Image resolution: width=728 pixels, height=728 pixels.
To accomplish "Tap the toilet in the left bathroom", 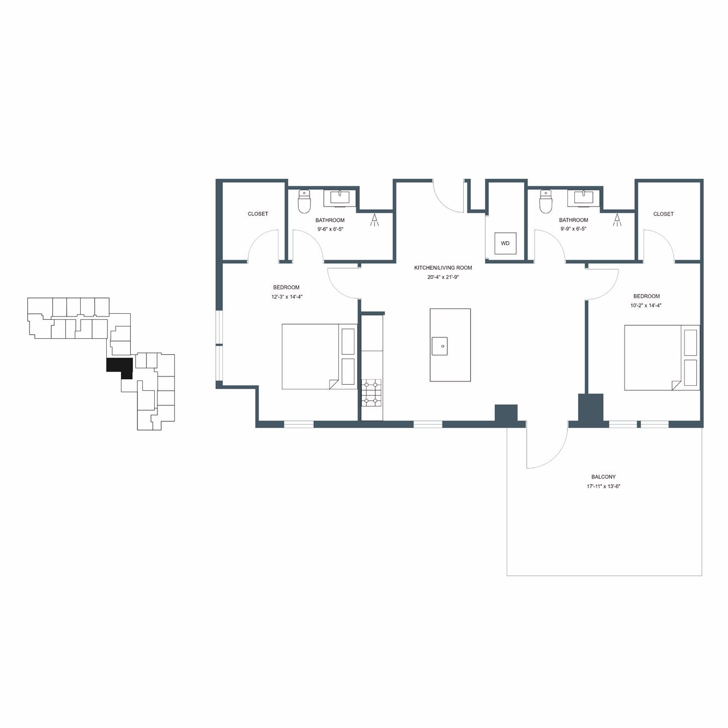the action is (x=304, y=201).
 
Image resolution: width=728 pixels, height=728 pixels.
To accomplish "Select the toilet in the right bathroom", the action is (x=545, y=201).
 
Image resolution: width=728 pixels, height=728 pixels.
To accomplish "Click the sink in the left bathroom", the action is (x=339, y=198).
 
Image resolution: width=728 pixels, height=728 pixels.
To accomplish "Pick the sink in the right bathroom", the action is (x=584, y=198).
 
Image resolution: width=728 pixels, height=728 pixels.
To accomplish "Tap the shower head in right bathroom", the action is (x=617, y=220).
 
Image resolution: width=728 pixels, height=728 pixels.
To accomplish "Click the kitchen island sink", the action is (x=439, y=346).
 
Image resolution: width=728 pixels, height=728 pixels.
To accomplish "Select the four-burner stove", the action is (x=372, y=393).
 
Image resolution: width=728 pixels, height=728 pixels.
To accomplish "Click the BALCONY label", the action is (x=603, y=477).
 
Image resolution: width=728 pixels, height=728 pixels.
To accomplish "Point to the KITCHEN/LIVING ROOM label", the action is (x=443, y=268).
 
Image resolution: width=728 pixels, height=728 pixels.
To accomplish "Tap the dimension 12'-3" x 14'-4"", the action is (x=287, y=296).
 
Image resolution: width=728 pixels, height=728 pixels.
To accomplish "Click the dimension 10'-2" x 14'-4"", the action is (x=646, y=306).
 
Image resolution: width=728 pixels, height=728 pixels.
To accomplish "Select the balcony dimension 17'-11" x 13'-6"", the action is (x=604, y=487).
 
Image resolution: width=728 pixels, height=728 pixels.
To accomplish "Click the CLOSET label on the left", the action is (x=258, y=214).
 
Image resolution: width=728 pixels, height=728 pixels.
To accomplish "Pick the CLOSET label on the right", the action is (x=663, y=214).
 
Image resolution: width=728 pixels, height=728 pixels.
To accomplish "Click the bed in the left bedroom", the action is (x=319, y=356).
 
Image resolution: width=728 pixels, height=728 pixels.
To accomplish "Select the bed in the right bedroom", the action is (x=662, y=357).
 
